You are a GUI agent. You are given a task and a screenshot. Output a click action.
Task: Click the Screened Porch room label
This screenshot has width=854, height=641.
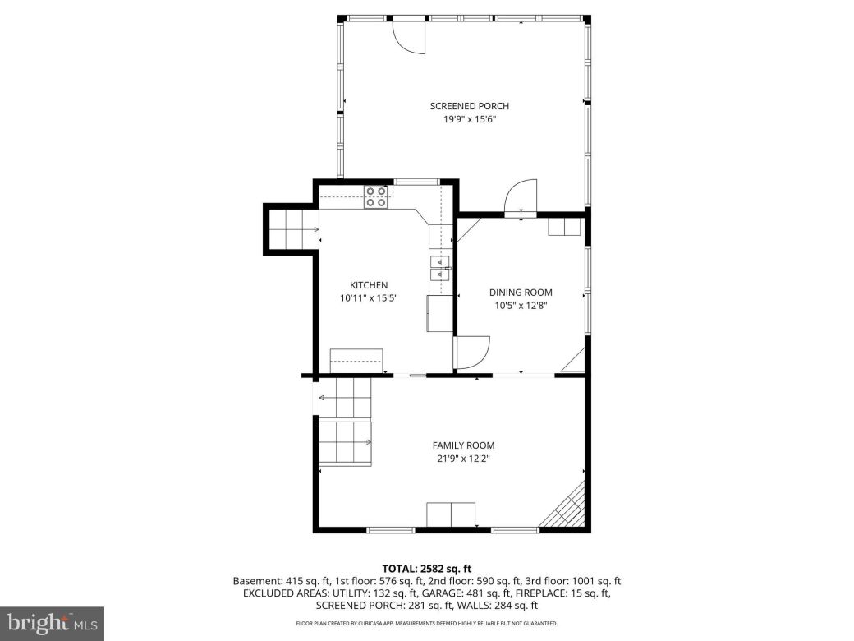pyautogui.click(x=469, y=106)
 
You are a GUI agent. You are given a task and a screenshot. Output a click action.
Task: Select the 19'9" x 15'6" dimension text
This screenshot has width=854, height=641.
pyautogui.click(x=469, y=119)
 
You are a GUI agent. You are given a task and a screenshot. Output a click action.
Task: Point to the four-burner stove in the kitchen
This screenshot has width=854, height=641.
pyautogui.click(x=376, y=196)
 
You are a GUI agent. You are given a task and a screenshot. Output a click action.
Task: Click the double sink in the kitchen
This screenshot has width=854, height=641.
pyautogui.click(x=440, y=269)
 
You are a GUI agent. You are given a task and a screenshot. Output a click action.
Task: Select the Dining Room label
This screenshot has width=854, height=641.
pyautogui.click(x=521, y=293)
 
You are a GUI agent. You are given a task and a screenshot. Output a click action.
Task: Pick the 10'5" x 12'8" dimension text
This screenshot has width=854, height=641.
pyautogui.click(x=521, y=305)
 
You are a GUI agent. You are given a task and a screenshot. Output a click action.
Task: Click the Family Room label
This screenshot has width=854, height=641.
pyautogui.click(x=463, y=445)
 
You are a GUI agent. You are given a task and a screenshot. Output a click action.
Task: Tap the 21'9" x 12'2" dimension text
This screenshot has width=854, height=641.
pyautogui.click(x=463, y=459)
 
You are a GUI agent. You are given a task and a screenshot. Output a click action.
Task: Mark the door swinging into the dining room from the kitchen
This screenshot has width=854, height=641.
pyautogui.click(x=471, y=353)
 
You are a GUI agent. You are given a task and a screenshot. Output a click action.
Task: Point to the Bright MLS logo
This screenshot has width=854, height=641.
pyautogui.click(x=52, y=624)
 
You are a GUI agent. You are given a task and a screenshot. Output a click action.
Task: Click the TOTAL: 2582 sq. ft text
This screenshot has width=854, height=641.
pyautogui.click(x=427, y=569)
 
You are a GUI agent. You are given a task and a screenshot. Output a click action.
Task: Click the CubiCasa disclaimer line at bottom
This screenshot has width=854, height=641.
pyautogui.click(x=427, y=625)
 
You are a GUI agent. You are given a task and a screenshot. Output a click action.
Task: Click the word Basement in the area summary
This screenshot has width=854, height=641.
pyautogui.click(x=255, y=581)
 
